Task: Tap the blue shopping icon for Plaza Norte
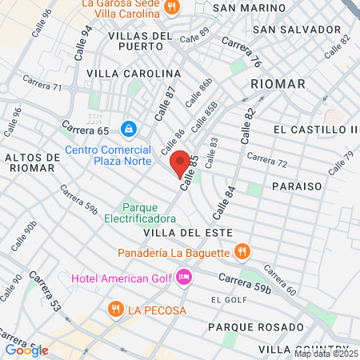[x=128, y=128]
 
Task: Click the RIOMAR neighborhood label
[x=278, y=83]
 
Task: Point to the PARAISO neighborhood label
[x=296, y=186]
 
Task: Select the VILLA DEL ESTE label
[x=188, y=232]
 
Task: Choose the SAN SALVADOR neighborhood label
[x=297, y=29]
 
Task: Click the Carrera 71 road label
[x=42, y=82]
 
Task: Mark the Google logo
[x=26, y=350]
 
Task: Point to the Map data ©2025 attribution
[x=326, y=354]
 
